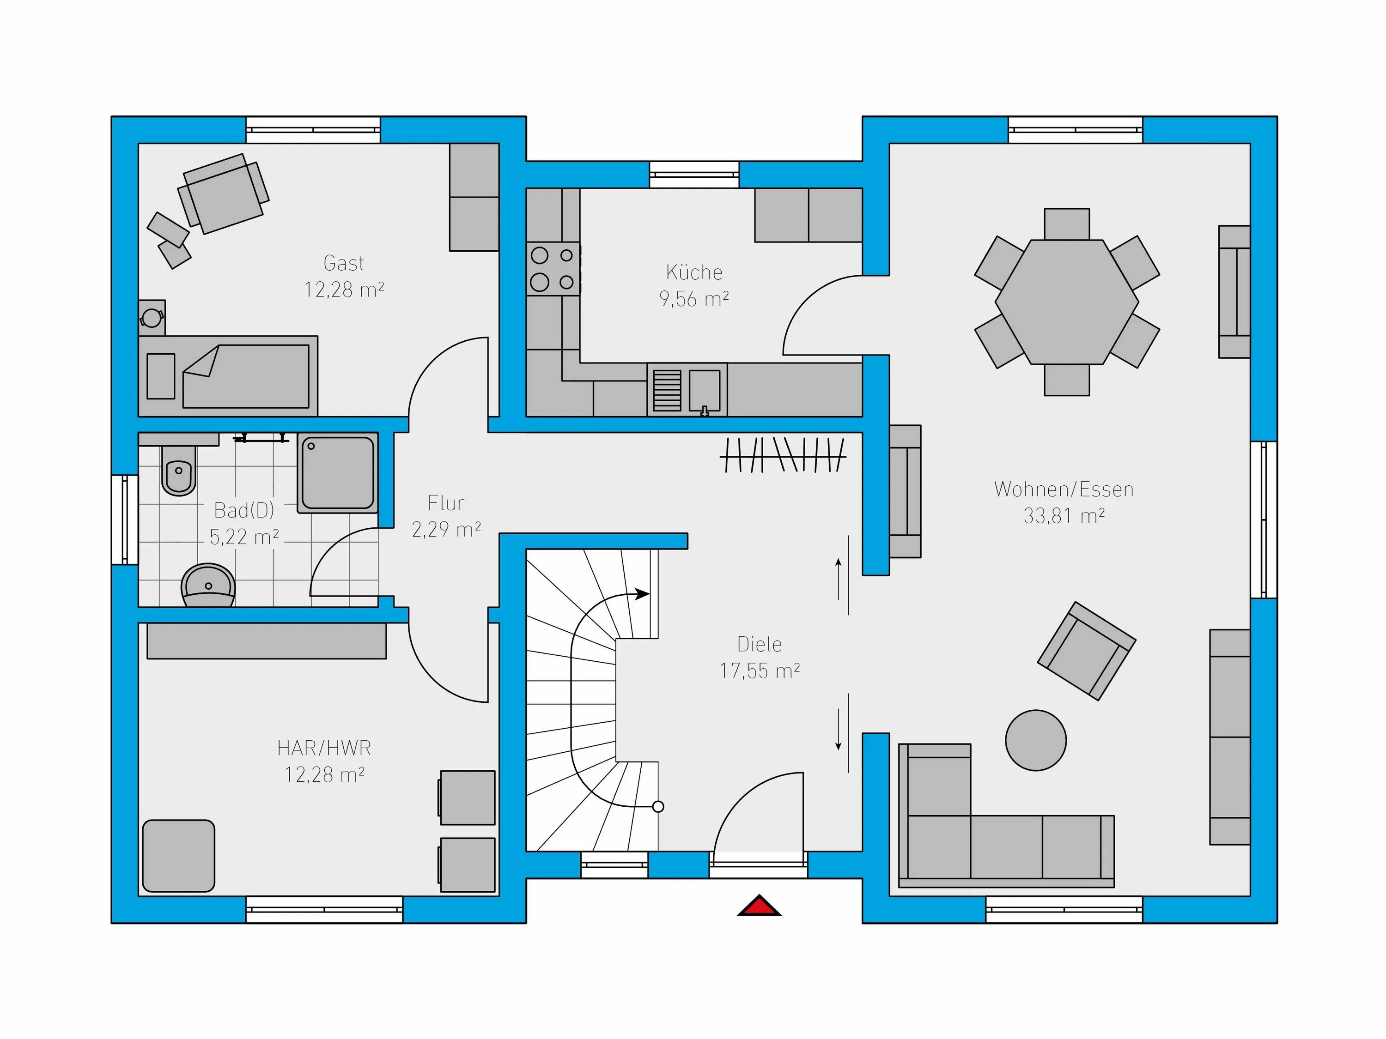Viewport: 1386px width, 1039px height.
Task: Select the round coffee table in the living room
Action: coord(1036,740)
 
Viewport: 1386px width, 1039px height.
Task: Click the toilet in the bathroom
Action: coord(179,470)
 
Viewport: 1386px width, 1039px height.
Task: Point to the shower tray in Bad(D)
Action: coord(338,473)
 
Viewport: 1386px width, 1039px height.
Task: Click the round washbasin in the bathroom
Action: coord(208,586)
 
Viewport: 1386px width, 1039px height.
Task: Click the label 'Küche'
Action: coord(694,272)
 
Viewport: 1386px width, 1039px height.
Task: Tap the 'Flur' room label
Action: coord(446,502)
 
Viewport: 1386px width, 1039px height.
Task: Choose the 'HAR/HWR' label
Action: coord(324,748)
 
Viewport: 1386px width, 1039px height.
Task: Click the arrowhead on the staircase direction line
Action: coord(642,594)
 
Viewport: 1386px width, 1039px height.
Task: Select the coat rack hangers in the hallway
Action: coord(783,455)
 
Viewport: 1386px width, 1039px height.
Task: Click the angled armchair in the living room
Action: coord(1087,651)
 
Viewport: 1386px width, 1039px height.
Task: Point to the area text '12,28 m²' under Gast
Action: coord(344,290)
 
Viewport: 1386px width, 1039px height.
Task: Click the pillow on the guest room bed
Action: coord(160,376)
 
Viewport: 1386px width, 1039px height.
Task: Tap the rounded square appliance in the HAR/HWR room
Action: coord(179,856)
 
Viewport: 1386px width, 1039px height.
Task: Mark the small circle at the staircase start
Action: coord(658,807)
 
